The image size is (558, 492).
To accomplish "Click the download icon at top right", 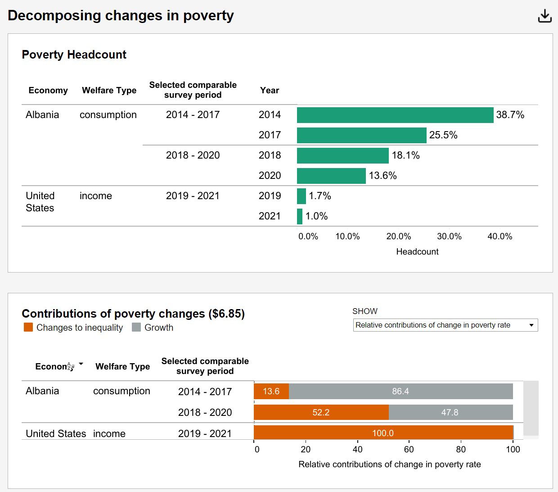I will point(544,16).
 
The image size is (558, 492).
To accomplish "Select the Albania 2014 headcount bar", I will point(395,115).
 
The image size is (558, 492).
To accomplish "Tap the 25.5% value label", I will point(443,135).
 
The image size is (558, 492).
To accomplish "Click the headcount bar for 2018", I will point(342,155).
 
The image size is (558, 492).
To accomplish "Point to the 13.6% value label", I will point(382,176).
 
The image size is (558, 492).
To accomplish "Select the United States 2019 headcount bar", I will point(301,196).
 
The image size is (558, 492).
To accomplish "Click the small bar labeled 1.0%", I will point(300,216).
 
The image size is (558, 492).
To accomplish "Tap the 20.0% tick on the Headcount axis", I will point(398,237).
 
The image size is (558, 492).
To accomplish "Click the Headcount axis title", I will point(417,252).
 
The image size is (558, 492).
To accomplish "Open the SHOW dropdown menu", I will point(445,325).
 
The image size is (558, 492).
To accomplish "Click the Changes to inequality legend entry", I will point(73,328).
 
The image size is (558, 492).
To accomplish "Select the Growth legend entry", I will point(153,328).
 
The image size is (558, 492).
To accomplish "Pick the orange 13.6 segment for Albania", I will point(271,391).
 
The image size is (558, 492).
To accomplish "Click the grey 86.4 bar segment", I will point(400,391).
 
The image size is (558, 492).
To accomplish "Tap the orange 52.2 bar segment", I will point(321,412).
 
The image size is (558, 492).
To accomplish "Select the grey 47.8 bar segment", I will point(450,412).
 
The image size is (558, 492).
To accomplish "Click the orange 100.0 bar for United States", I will point(383,433).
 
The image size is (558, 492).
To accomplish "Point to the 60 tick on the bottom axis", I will point(409,449).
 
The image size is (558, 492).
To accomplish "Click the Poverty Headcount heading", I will point(74,55).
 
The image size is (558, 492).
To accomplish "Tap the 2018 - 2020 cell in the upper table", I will point(193,155).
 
